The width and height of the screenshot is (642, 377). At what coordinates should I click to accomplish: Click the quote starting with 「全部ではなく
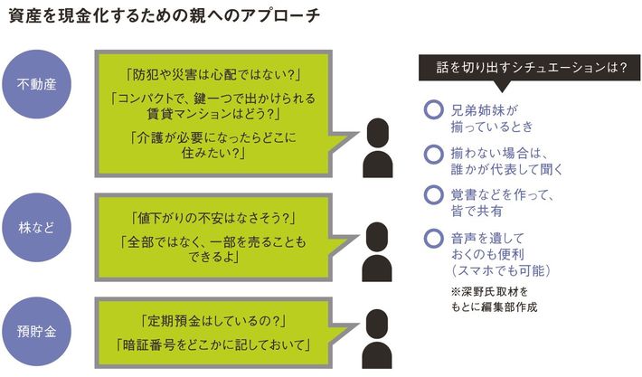[214, 250]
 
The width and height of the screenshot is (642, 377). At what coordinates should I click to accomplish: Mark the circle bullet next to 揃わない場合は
[431, 154]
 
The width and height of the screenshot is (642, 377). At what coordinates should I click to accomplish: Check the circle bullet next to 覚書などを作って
[431, 193]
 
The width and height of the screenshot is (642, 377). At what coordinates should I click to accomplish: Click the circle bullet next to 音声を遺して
[431, 237]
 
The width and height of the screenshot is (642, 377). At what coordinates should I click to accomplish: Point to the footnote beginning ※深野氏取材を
[493, 299]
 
